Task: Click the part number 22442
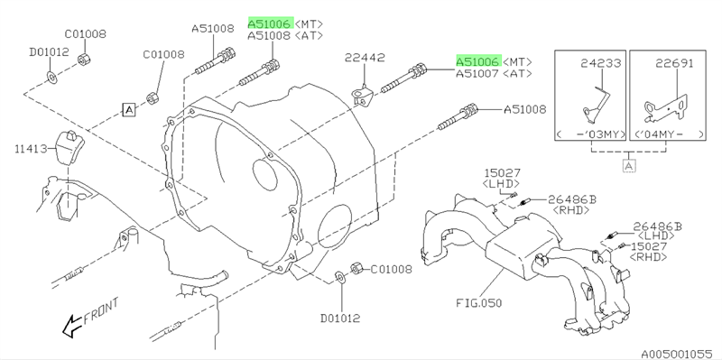pyautogui.click(x=366, y=58)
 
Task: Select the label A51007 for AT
pyautogui.click(x=477, y=74)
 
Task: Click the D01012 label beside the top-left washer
pyautogui.click(x=50, y=52)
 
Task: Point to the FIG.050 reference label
pyautogui.click(x=479, y=303)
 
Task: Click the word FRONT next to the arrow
pyautogui.click(x=101, y=311)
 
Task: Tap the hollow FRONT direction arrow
pyautogui.click(x=72, y=326)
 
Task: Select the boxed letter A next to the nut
pyautogui.click(x=129, y=109)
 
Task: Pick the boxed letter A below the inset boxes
pyautogui.click(x=628, y=165)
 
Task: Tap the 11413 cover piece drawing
pyautogui.click(x=69, y=148)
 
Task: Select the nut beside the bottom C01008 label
pyautogui.click(x=356, y=267)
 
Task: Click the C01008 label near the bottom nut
pyautogui.click(x=392, y=269)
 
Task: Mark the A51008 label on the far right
pyautogui.click(x=524, y=109)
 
